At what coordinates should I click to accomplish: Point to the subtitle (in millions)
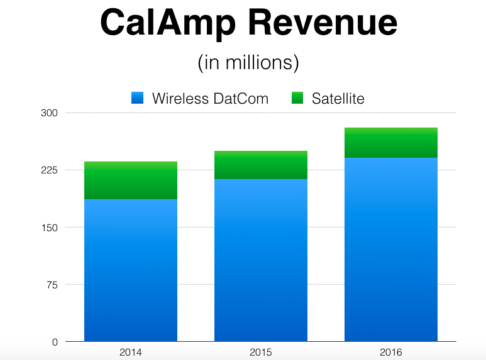coord(248,63)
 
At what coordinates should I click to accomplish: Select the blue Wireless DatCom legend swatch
coord(138,98)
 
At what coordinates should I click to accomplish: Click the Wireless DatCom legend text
coord(210,99)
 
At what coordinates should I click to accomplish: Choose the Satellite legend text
coord(338,99)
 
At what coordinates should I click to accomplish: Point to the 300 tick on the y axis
coord(50,113)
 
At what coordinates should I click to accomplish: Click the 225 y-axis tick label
coord(50,170)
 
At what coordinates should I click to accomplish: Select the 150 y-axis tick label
coord(50,227)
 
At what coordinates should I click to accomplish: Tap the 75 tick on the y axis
coord(52,285)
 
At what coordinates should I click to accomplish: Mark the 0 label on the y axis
coord(55,342)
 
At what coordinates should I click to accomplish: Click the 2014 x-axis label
coord(130,352)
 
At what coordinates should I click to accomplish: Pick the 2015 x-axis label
coord(261,352)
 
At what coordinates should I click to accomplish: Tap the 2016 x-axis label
coord(391,352)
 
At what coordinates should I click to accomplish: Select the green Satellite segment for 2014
coord(131,180)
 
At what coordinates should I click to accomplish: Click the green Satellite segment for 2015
coord(261,165)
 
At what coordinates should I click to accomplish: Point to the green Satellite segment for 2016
coord(391,143)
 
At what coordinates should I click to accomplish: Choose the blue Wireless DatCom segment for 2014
coord(131,270)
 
